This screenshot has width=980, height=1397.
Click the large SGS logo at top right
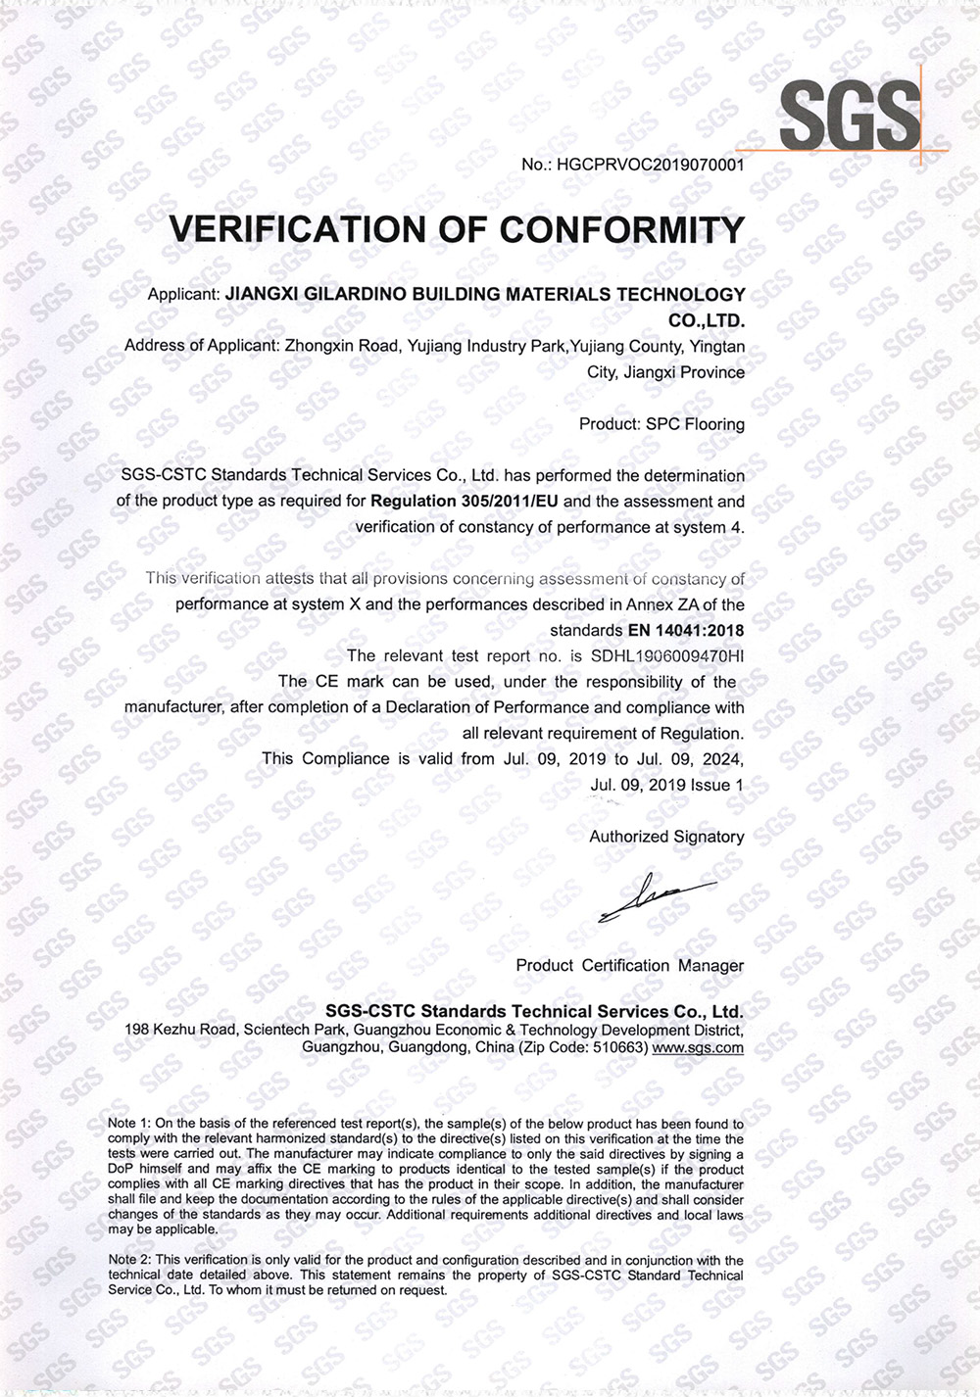850,115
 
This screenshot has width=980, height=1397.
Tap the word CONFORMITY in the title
622,229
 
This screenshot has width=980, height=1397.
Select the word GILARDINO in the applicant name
368,294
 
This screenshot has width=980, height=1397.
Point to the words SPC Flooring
695,424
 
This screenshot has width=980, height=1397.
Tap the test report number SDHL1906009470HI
667,655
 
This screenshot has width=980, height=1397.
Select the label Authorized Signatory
666,837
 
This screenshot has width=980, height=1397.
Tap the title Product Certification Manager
630,965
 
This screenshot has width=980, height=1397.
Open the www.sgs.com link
698,1047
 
